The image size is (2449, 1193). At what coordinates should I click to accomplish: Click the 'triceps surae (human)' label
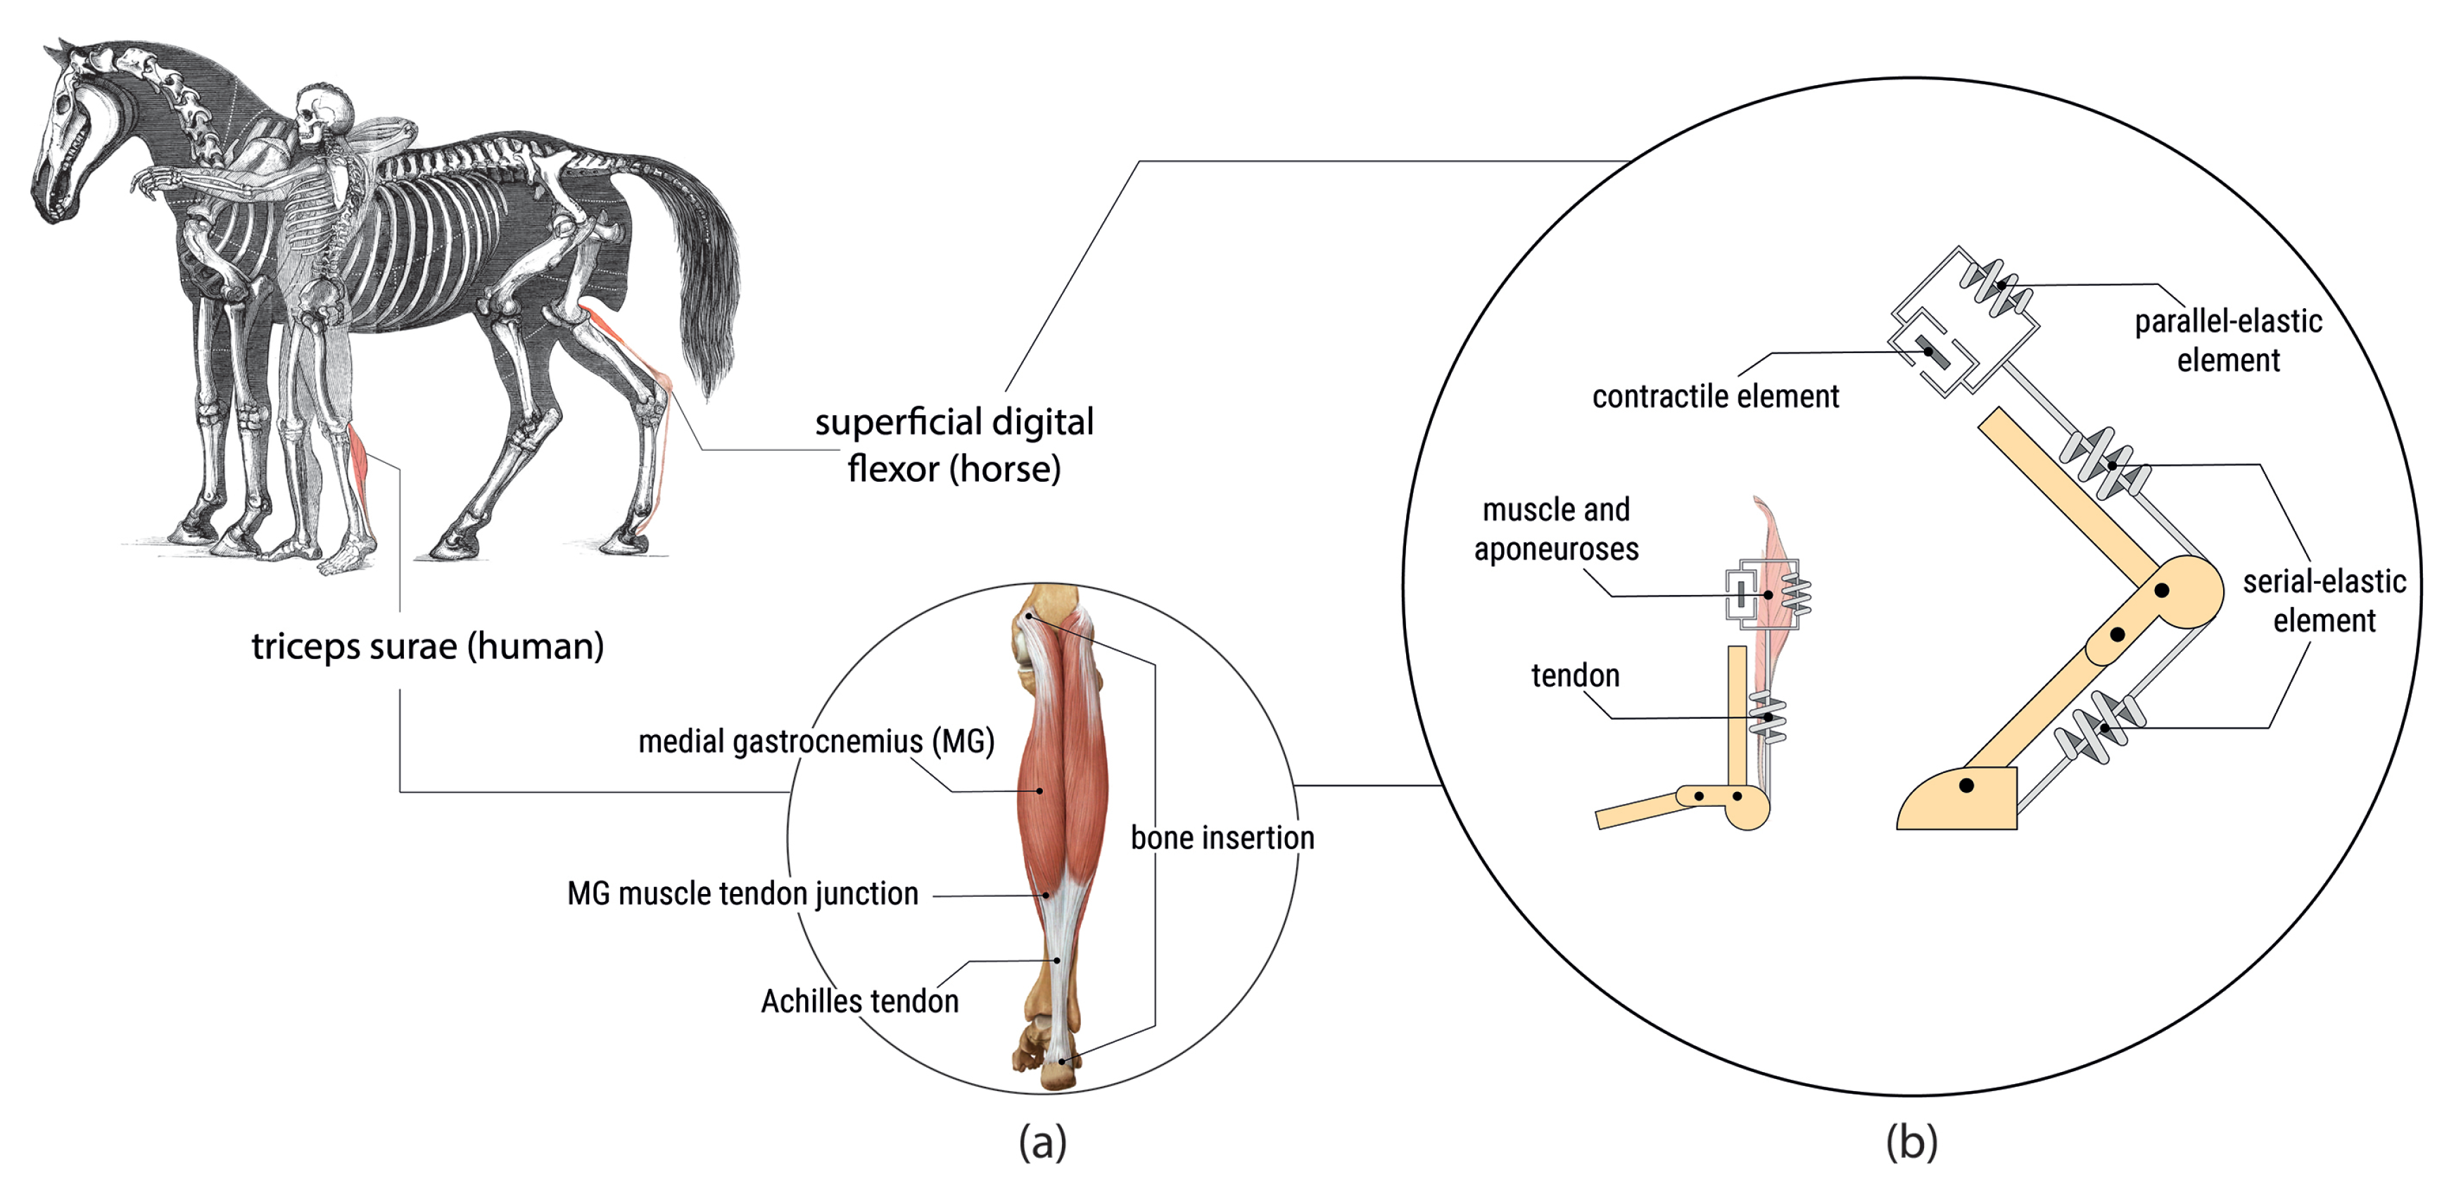coord(427,646)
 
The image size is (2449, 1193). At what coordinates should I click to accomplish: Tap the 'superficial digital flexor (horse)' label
coord(954,445)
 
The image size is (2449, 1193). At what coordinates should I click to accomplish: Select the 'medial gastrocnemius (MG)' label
coord(816,741)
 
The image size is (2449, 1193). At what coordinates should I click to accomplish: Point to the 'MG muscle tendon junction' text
coord(742,893)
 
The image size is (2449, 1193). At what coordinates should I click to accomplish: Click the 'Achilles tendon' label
coord(859,1001)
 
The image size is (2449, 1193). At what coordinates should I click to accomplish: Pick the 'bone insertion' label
coord(1222,838)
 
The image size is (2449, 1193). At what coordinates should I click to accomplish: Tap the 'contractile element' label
coord(1715,397)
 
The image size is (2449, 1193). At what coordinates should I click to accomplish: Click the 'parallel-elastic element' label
coord(2227,340)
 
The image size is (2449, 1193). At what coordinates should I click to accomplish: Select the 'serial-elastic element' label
coord(2324,601)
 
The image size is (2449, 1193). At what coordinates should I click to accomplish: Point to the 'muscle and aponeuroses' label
coord(1556,530)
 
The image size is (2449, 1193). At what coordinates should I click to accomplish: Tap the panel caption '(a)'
coord(1043,1141)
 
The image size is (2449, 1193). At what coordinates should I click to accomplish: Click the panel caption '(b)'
coord(1911,1141)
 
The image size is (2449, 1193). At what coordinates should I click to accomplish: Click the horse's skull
coord(67,143)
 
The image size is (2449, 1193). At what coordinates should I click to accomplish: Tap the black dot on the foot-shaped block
coord(1966,785)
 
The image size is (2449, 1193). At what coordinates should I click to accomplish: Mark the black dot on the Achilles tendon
coord(1056,960)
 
